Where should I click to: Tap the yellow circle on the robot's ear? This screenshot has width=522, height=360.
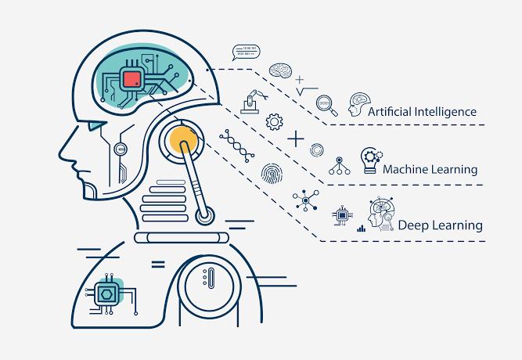coord(184,141)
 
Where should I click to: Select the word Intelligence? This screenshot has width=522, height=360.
coord(450,112)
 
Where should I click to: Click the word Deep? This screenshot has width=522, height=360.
coord(413,225)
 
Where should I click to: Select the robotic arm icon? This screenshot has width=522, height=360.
coord(251,103)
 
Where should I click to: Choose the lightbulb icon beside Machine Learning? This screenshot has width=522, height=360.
coord(369,160)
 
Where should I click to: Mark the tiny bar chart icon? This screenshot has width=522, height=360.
coord(362,229)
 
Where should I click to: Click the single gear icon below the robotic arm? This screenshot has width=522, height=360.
coord(274,122)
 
